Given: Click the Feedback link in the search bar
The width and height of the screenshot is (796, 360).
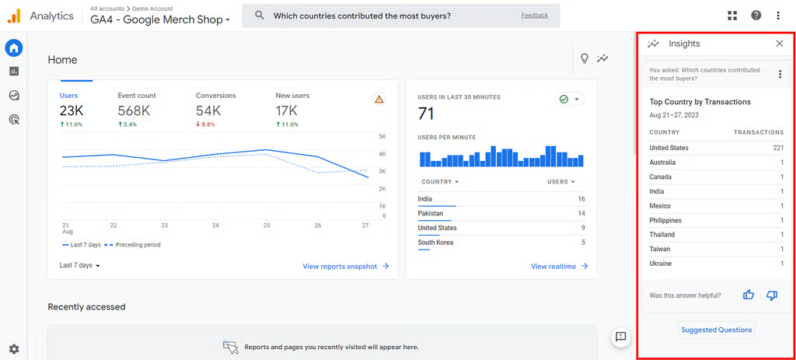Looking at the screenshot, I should (534, 16).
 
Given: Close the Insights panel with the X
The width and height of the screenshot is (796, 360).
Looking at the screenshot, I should (779, 44).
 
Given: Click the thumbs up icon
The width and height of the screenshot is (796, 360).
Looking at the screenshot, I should (749, 295).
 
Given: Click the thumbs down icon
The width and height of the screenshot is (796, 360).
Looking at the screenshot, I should (772, 295).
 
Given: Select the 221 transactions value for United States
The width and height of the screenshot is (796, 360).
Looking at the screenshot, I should (778, 148).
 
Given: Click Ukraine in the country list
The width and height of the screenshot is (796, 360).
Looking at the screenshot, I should (661, 264).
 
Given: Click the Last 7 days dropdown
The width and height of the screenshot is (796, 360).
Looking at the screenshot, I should (80, 265).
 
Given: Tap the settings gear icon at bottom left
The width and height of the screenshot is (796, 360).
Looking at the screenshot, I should (14, 349).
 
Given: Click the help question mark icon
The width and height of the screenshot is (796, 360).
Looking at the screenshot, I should (756, 16).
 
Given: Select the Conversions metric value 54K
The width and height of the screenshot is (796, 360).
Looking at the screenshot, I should (208, 111).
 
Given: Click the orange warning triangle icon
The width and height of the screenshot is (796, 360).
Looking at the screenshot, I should (379, 100).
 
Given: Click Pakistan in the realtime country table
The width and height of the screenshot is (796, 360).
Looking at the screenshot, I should (431, 213).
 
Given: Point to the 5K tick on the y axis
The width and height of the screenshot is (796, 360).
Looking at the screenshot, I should (382, 137).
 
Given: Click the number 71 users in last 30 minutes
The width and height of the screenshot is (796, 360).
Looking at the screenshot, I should (426, 114).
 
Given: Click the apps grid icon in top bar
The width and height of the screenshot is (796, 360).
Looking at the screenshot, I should (732, 16).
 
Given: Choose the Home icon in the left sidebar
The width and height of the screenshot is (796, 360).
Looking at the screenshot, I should (14, 48).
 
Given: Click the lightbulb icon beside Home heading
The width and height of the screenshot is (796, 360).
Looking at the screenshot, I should (585, 59).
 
